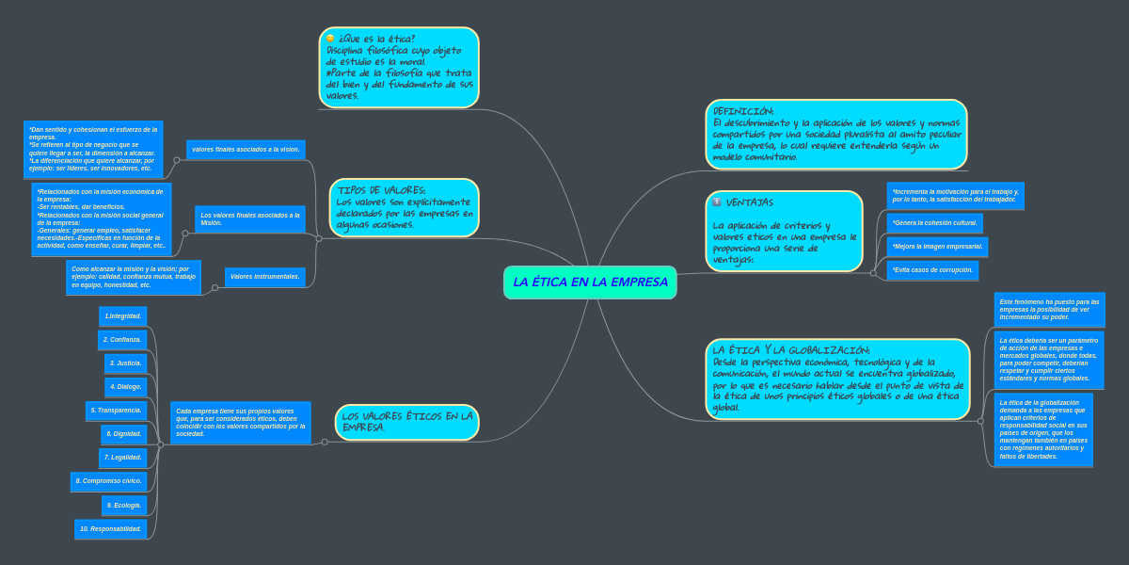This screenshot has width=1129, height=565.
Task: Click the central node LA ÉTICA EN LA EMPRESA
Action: coord(590,282)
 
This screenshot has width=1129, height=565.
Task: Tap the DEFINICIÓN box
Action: coord(835,135)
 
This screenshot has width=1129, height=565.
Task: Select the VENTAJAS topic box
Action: coord(784,232)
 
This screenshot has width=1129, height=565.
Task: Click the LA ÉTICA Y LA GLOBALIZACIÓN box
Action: coord(837,379)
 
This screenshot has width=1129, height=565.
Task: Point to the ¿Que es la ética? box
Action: coord(399,68)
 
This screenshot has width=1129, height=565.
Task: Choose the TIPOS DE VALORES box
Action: coord(405,207)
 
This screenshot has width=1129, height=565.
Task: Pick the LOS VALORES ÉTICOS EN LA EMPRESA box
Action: coord(406,422)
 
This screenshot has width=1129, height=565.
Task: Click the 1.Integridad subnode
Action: coord(123,316)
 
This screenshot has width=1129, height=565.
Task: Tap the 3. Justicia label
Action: coord(125,363)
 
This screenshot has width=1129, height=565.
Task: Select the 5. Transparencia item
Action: coord(116,411)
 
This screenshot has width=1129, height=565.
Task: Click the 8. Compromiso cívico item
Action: coord(109,481)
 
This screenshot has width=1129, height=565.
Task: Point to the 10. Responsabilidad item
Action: coord(111,529)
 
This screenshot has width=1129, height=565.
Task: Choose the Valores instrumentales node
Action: coord(265,277)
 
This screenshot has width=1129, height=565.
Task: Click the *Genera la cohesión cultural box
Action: coord(935,223)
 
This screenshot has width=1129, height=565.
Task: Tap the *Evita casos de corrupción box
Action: coord(932,270)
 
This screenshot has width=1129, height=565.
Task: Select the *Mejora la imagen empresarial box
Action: coord(937,247)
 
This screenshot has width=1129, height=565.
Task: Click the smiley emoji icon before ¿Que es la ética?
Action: coord(330,39)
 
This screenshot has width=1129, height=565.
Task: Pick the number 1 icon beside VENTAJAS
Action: coord(717,202)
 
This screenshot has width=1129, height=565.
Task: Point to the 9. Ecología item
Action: coord(124,506)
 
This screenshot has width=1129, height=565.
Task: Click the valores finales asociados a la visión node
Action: coord(246,150)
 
